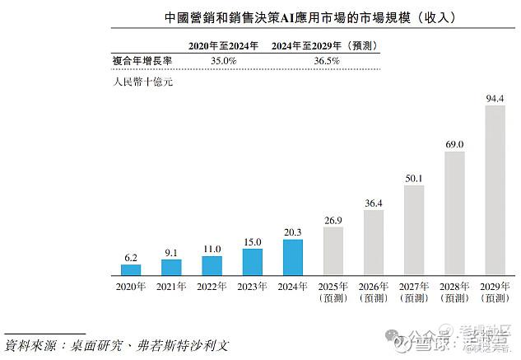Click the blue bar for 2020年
click(131, 269)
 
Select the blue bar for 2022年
click(212, 265)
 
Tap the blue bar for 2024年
click(293, 257)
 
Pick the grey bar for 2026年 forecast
click(374, 242)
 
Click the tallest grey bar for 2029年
click(495, 190)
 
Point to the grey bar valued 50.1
click(414, 230)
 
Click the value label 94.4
click(495, 99)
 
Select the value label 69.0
click(454, 144)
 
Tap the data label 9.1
click(171, 253)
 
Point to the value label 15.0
click(252, 242)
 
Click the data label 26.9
click(333, 221)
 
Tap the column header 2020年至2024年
click(223, 45)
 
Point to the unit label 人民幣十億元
click(141, 82)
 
